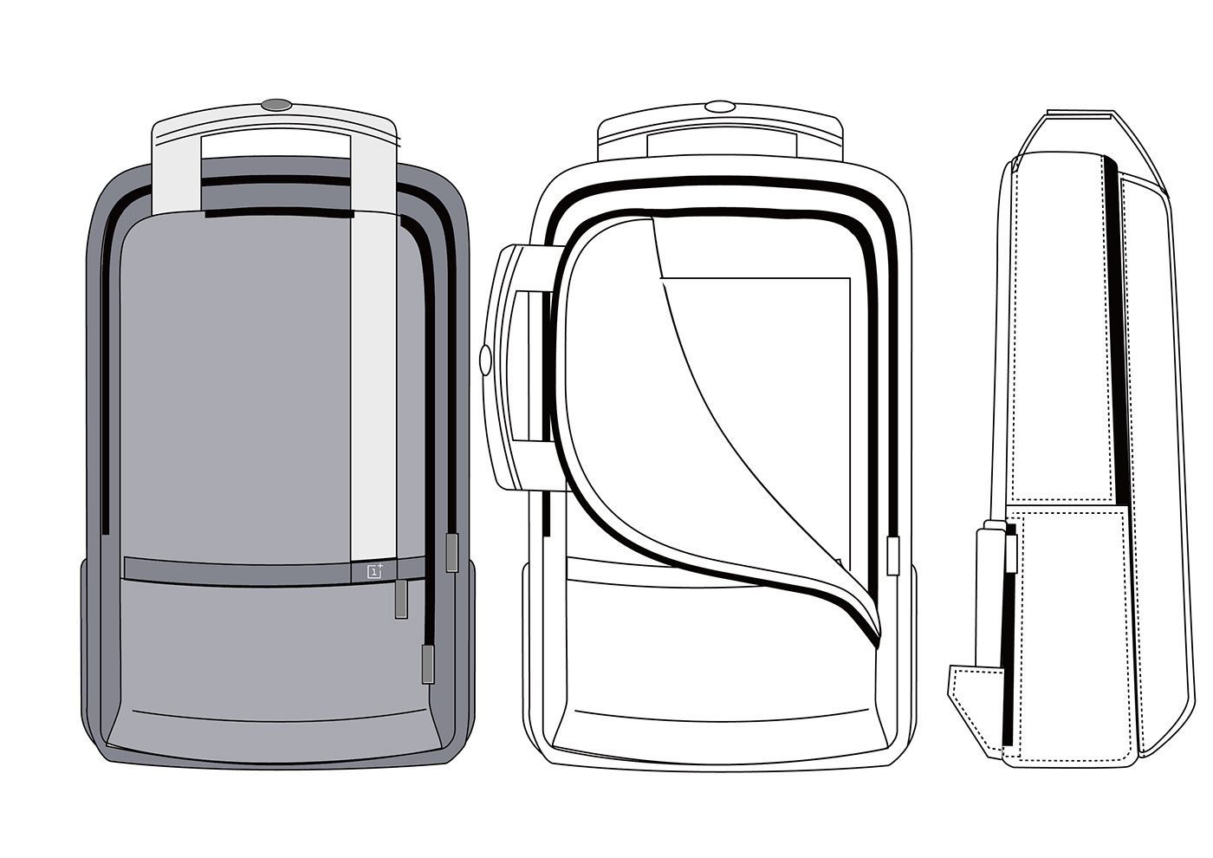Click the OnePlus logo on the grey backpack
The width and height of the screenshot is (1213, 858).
(x=375, y=570)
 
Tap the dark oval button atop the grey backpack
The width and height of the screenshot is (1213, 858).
(x=276, y=105)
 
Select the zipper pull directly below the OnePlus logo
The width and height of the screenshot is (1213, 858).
(x=401, y=599)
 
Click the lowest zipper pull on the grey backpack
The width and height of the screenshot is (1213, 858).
(x=428, y=664)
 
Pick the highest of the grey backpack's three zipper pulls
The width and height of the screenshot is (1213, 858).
(x=451, y=553)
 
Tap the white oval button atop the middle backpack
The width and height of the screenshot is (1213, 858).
(x=719, y=107)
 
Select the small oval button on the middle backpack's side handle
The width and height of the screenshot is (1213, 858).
(x=485, y=358)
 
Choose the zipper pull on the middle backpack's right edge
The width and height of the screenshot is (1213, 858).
(x=893, y=555)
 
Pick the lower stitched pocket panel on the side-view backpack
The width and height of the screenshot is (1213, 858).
(x=1074, y=624)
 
